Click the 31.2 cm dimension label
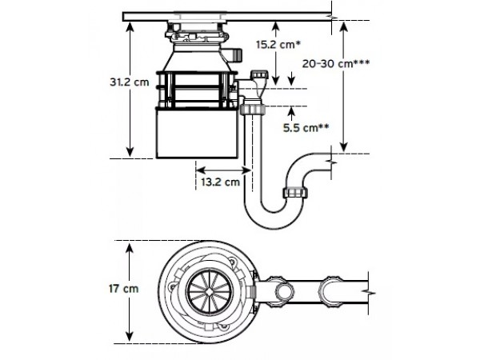(130, 82)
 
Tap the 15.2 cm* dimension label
(278, 45)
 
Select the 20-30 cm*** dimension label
(336, 63)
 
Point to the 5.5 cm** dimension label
(306, 127)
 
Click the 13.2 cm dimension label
(221, 182)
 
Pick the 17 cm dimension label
(124, 288)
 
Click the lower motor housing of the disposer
(197, 133)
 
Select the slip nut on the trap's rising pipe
(294, 192)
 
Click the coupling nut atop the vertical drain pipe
(254, 109)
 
